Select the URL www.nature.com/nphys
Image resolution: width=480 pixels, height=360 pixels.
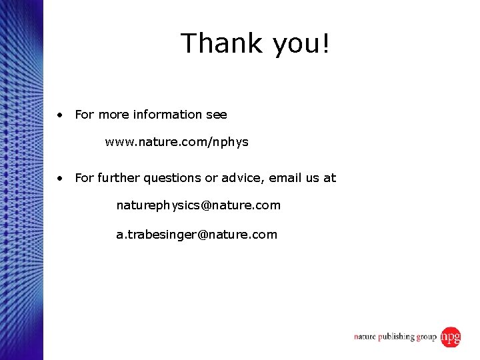pyautogui.click(x=177, y=142)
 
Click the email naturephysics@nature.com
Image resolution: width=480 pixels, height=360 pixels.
pyautogui.click(x=198, y=205)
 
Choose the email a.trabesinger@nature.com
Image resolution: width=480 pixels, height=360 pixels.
pyautogui.click(x=197, y=235)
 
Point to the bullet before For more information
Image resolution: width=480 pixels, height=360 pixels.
pyautogui.click(x=61, y=115)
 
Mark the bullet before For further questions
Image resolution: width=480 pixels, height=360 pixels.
pyautogui.click(x=61, y=178)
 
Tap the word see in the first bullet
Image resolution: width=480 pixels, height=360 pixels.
pyautogui.click(x=217, y=115)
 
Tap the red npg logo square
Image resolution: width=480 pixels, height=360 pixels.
pyautogui.click(x=451, y=337)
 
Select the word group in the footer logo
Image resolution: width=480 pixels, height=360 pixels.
pyautogui.click(x=427, y=337)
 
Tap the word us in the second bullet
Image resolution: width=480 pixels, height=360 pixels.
pyautogui.click(x=312, y=178)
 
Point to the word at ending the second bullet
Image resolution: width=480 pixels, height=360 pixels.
pyautogui.click(x=330, y=178)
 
